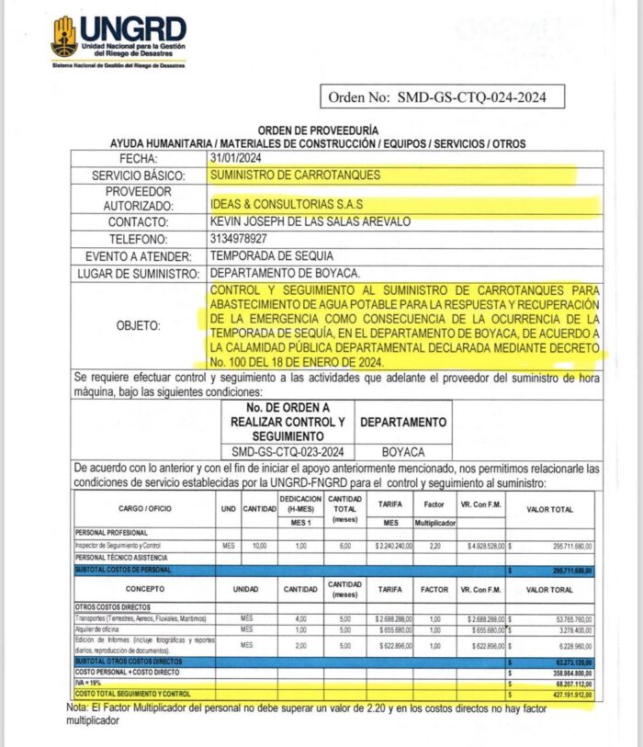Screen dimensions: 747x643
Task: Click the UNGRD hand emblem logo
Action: pyautogui.click(x=64, y=36)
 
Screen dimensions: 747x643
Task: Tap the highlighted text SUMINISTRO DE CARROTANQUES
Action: pyautogui.click(x=295, y=175)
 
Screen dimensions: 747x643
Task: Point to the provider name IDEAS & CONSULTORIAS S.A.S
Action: pyautogui.click(x=294, y=205)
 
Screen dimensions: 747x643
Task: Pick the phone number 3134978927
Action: pyautogui.click(x=243, y=239)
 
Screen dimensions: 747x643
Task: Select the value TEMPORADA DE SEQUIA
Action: pyautogui.click(x=272, y=256)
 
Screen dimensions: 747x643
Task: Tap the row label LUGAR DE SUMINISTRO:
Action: pyautogui.click(x=139, y=274)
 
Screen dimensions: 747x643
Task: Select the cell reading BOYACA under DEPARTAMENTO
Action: pyautogui.click(x=403, y=452)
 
